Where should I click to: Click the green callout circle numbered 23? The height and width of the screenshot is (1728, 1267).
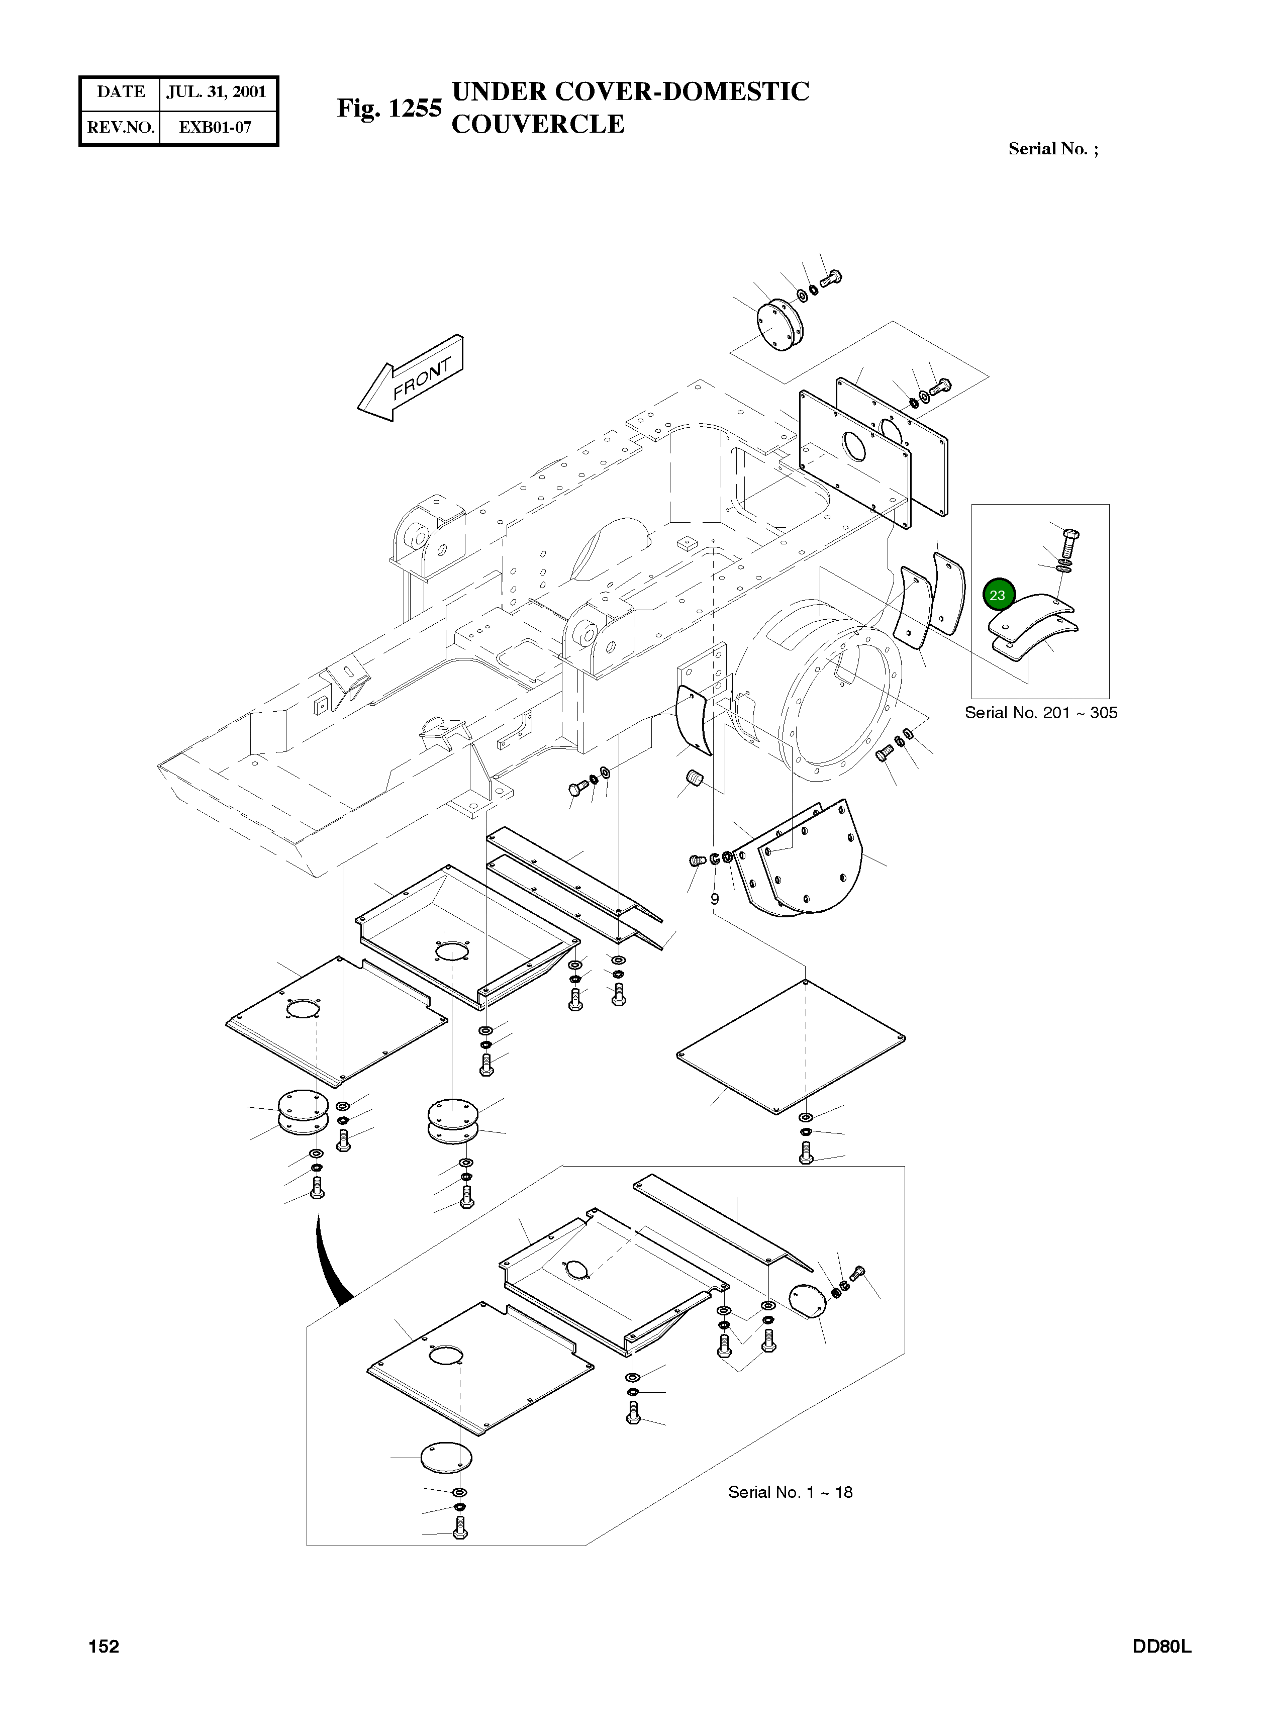998,595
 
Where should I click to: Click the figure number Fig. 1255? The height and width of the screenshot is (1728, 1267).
389,108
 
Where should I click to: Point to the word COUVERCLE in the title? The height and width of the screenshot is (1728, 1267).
538,124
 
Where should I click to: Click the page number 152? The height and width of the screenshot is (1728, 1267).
104,1646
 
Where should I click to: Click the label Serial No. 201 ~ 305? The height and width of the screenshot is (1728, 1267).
1041,713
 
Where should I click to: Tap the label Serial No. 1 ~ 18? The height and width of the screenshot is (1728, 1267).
790,1492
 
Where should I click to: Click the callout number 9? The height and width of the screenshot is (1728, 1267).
715,898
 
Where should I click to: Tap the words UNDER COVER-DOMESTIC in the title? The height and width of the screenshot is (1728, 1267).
630,92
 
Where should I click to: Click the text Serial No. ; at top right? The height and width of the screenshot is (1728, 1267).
1053,149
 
